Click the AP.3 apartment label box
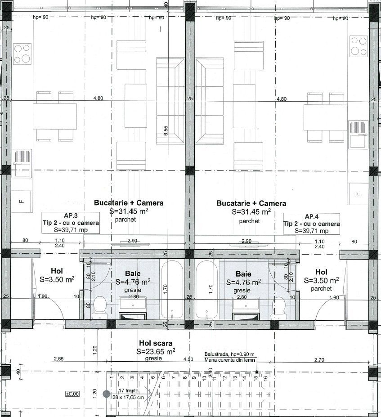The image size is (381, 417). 71,223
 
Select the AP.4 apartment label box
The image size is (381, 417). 311,223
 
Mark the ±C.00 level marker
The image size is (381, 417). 72,394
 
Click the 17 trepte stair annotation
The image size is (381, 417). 128,391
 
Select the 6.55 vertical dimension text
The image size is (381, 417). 166,130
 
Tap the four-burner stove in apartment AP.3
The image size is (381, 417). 22,54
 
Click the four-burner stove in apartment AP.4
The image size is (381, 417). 359,46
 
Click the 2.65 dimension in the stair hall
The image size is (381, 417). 58,359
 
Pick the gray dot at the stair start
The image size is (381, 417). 107,394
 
